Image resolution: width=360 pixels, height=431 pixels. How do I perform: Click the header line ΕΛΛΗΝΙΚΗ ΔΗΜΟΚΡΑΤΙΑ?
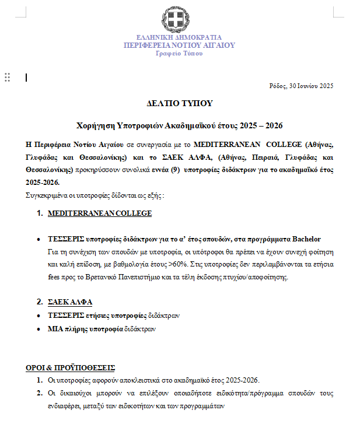pyautogui.click(x=179, y=37)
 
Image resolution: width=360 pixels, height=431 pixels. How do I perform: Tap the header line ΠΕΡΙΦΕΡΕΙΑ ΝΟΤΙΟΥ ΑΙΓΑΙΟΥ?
pyautogui.click(x=179, y=45)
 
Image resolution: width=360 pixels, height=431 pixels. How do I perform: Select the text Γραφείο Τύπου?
pyautogui.click(x=179, y=53)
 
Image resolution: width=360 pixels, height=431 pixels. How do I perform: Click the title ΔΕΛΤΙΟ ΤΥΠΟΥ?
pyautogui.click(x=179, y=104)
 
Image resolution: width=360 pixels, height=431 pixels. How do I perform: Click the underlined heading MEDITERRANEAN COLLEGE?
pyautogui.click(x=100, y=213)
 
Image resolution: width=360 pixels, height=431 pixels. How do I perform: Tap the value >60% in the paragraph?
pyautogui.click(x=177, y=264)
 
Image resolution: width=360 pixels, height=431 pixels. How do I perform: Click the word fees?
pyautogui.click(x=54, y=277)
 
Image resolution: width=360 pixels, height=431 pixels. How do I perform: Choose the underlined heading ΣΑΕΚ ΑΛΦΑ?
pyautogui.click(x=70, y=302)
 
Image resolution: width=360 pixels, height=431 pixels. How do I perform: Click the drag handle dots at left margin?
pyautogui.click(x=8, y=77)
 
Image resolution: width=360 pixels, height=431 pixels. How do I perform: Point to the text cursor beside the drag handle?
pyautogui.click(x=26, y=77)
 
